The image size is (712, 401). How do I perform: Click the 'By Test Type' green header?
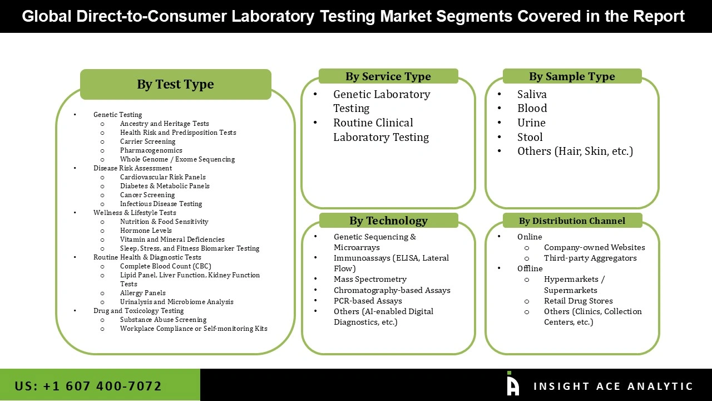click(x=175, y=84)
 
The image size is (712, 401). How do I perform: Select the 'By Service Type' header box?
click(x=388, y=76)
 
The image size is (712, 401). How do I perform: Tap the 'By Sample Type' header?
click(x=572, y=76)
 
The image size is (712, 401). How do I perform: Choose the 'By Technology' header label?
click(x=388, y=221)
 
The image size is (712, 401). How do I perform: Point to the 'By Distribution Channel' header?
click(x=572, y=221)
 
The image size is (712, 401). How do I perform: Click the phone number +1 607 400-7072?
click(x=88, y=386)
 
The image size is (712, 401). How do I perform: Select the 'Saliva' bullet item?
click(x=532, y=94)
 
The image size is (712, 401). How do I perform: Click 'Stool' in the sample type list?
click(x=530, y=137)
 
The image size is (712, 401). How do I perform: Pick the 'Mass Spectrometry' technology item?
click(x=370, y=279)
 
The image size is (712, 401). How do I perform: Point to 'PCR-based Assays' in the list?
click(x=368, y=301)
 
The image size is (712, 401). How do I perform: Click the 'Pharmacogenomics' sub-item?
click(x=151, y=150)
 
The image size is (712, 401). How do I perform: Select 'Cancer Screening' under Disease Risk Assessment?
click(x=147, y=195)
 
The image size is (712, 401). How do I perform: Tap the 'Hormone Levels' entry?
click(x=146, y=231)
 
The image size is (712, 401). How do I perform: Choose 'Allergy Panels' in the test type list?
click(x=143, y=293)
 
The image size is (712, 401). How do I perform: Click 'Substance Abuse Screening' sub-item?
click(x=163, y=320)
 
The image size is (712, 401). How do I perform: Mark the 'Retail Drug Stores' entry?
click(x=578, y=301)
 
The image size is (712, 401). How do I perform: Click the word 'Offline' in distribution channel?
click(x=530, y=268)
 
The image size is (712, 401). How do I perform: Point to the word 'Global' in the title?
click(x=47, y=16)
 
